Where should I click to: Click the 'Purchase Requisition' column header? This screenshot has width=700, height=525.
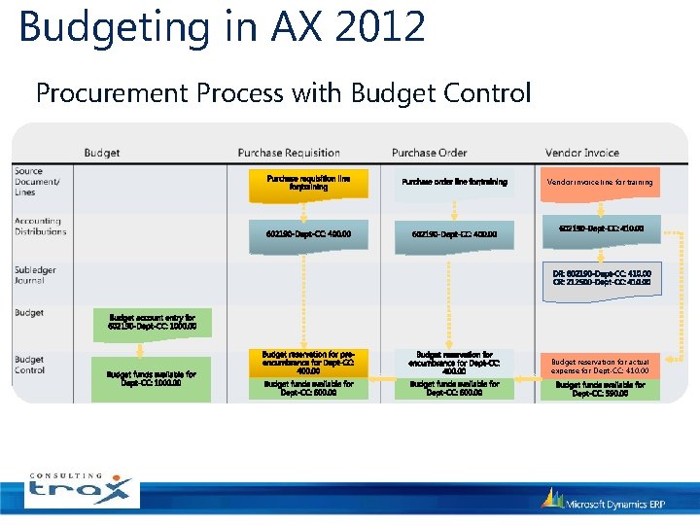[x=289, y=153]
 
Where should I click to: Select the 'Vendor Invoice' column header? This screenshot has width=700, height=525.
[x=581, y=153]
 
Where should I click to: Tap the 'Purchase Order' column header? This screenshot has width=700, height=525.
[x=430, y=153]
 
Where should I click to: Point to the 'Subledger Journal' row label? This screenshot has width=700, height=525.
[x=35, y=275]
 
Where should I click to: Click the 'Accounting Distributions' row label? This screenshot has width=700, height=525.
[x=40, y=227]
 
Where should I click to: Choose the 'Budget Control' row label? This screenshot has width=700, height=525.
[x=30, y=365]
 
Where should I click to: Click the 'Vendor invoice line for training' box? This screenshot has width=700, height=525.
[x=600, y=183]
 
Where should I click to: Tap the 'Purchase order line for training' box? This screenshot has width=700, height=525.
[x=454, y=183]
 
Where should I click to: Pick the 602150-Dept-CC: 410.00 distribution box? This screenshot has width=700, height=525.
[x=600, y=229]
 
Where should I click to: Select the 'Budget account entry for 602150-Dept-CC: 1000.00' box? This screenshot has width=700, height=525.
[x=151, y=322]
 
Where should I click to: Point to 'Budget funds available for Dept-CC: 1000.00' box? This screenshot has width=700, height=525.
[x=151, y=379]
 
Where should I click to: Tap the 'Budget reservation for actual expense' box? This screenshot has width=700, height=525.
[x=600, y=366]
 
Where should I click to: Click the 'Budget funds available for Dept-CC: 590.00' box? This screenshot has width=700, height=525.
[x=600, y=390]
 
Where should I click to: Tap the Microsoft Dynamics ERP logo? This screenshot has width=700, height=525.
[x=603, y=501]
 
